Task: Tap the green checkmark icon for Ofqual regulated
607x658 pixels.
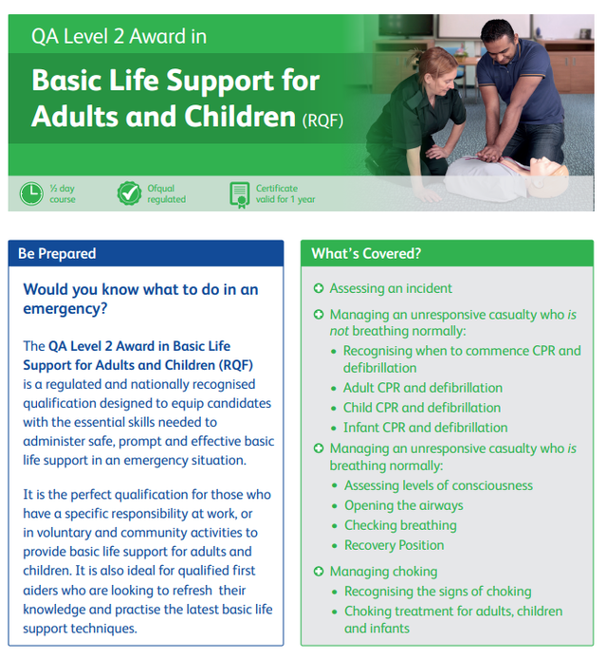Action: point(128,193)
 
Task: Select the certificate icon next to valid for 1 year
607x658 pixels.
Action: point(239,193)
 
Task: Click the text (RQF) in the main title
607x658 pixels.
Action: point(322,120)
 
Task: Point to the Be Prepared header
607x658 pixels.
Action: point(57,253)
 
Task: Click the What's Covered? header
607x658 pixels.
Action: point(366,253)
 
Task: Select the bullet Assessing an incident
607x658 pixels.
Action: point(390,288)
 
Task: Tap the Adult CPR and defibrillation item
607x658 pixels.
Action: point(422,388)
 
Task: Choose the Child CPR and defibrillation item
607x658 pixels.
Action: point(421,408)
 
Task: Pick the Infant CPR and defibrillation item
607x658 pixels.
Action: point(425,428)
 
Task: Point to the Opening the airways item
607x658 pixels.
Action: point(403,505)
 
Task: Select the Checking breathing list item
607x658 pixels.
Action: point(400,525)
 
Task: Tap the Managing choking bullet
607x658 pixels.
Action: point(382,571)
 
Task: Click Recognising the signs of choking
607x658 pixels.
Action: point(437,592)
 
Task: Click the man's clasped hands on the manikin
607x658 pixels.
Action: point(492,153)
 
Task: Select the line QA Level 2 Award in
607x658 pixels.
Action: point(119,39)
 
